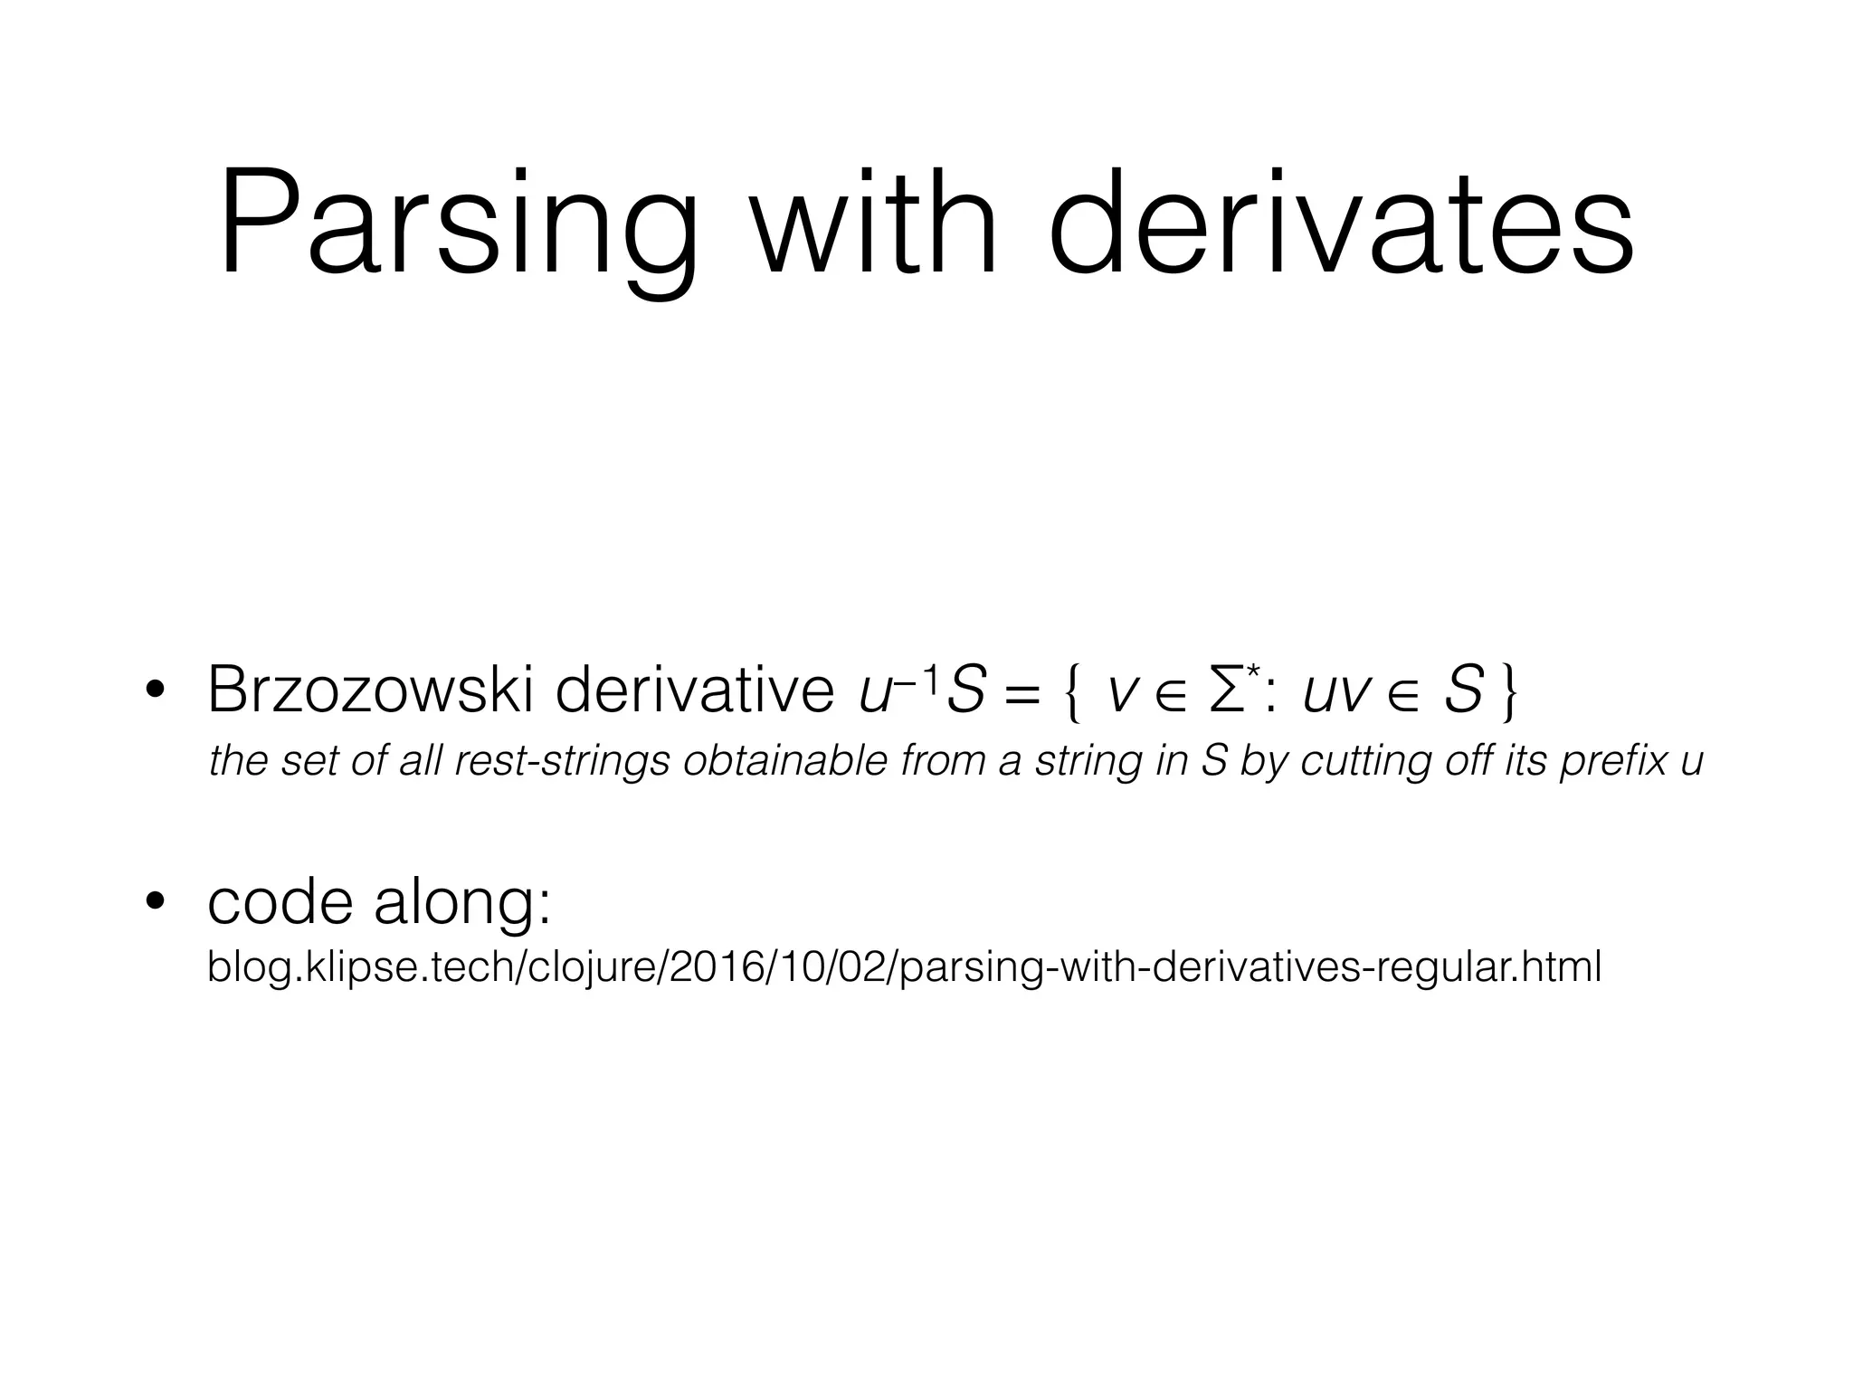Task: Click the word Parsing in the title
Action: click(x=457, y=225)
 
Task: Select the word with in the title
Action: click(x=874, y=225)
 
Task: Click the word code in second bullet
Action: click(x=280, y=902)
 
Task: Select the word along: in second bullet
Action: click(x=462, y=902)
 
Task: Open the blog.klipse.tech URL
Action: click(x=904, y=966)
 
